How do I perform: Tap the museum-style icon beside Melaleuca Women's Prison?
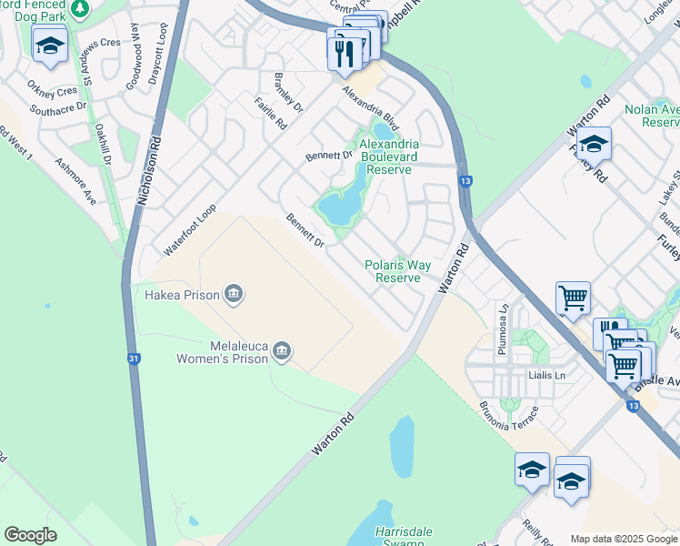282,351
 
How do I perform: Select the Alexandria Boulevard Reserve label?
389,157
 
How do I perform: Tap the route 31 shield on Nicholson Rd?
134,359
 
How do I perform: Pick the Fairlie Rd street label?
271,114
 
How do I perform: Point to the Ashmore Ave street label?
75,179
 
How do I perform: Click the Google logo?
30,535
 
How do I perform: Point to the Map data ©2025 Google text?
624,539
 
